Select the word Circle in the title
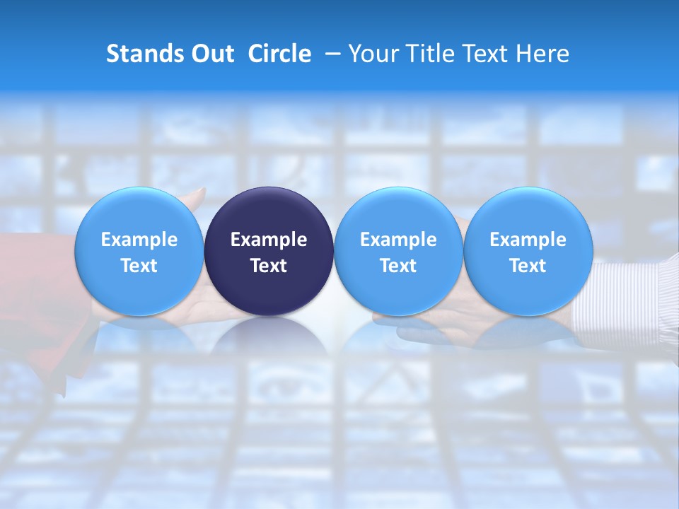279,54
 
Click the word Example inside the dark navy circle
269,240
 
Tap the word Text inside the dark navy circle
269,266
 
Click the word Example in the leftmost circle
139,240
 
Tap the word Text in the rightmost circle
528,266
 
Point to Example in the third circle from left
398,240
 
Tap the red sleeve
35,283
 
